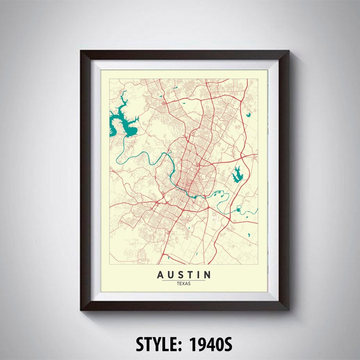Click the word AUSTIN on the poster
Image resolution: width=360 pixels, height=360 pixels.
point(184,274)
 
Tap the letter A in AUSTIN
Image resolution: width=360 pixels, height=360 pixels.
point(161,274)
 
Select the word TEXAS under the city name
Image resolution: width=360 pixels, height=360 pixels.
point(184,283)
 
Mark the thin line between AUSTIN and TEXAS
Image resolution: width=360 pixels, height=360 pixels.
point(184,280)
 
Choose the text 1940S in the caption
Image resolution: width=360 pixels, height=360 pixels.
point(211,344)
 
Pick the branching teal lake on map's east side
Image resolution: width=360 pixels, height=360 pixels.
point(237,174)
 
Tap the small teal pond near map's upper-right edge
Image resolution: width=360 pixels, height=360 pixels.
point(248,115)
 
